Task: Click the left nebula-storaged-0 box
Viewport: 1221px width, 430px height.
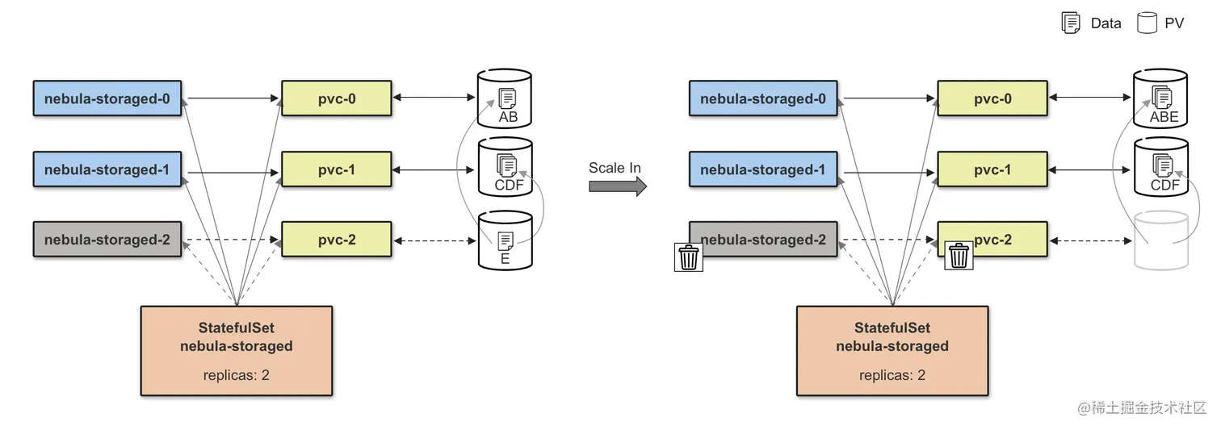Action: [107, 98]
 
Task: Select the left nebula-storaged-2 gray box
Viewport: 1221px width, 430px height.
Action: [107, 240]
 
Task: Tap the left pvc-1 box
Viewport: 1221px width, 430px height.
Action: [336, 169]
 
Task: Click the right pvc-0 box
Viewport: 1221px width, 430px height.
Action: [992, 98]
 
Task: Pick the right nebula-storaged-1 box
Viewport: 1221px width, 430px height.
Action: [762, 169]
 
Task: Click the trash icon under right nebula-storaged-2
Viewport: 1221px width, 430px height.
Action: [688, 257]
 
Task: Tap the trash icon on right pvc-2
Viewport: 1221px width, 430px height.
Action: [959, 256]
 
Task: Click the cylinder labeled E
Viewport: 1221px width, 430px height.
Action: [505, 240]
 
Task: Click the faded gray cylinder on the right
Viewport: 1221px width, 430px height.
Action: [1161, 240]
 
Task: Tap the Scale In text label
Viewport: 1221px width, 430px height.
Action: [615, 168]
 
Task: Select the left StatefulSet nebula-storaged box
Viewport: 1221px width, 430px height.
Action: [237, 351]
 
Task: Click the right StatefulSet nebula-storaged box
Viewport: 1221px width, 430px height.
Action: [892, 351]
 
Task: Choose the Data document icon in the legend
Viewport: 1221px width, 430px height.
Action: [1071, 23]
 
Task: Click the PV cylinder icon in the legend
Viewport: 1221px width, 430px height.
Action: [1146, 23]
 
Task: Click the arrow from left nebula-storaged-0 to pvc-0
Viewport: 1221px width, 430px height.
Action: [231, 98]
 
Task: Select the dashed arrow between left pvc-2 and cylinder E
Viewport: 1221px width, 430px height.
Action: [434, 240]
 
